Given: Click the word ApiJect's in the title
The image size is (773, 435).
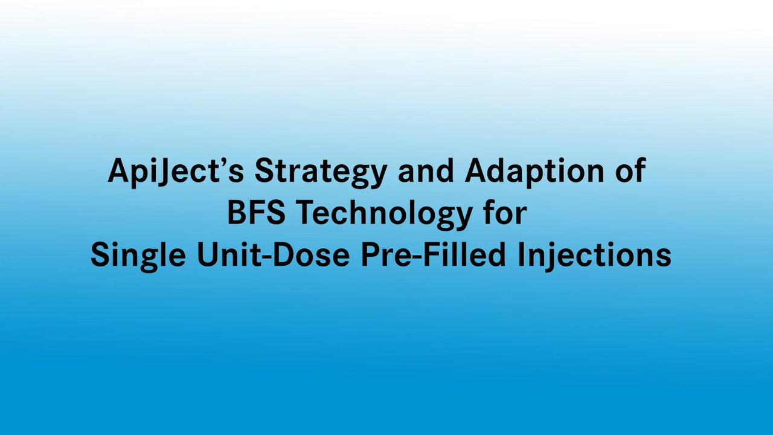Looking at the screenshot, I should (x=176, y=171).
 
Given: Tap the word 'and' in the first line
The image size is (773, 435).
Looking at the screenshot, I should (x=425, y=171).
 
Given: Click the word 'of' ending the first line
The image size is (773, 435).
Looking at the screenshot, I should (x=630, y=171).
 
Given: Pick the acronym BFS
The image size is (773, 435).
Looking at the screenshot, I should (x=255, y=213).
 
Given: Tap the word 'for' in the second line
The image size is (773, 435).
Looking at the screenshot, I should (x=504, y=213).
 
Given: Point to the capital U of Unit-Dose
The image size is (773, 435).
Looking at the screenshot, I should (x=207, y=254).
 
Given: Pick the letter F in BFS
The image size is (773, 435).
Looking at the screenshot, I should (x=256, y=213).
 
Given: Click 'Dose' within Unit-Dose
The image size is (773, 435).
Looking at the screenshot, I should (x=310, y=254).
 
